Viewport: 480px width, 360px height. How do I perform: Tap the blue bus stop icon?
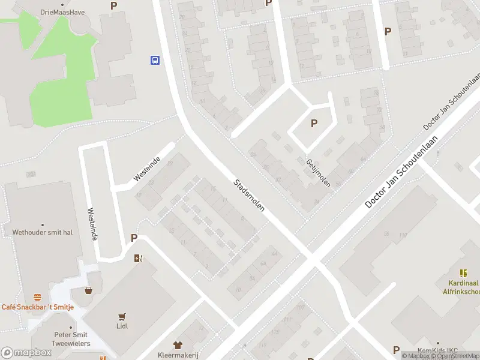(x=155, y=60)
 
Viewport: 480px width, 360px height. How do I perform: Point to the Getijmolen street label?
(x=318, y=173)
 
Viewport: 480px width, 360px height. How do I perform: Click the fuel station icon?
(x=139, y=259)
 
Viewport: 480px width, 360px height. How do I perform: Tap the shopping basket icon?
(x=89, y=290)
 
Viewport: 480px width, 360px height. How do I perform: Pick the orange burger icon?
(x=38, y=297)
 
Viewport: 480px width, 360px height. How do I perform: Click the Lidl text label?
(x=123, y=326)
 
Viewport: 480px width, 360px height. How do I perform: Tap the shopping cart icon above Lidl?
(x=123, y=316)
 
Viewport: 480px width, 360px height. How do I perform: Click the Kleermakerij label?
(x=178, y=355)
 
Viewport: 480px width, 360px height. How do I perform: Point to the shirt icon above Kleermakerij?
(x=178, y=345)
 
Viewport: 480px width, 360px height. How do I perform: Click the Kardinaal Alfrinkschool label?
(x=464, y=287)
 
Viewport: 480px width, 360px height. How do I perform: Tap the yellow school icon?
(x=463, y=273)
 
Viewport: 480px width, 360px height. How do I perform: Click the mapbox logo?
(x=26, y=353)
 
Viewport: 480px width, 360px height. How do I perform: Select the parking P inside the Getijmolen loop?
(x=313, y=124)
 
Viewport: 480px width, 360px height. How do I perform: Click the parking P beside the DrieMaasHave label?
(x=114, y=6)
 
